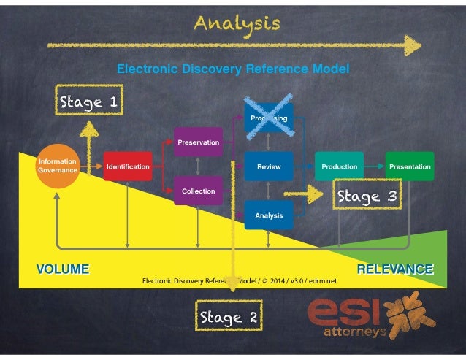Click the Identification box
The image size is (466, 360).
[x=128, y=166]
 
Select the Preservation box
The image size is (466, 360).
[x=198, y=142]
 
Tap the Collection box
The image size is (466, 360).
[x=198, y=191]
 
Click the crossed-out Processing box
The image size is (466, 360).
[x=269, y=118]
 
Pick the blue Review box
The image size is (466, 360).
[x=269, y=166]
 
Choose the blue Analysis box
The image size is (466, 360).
[x=269, y=215]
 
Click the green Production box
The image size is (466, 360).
[x=339, y=166]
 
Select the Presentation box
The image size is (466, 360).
[x=410, y=166]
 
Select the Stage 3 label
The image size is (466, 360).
[x=367, y=196]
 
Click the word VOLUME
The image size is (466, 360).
[x=63, y=269]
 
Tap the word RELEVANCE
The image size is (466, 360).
[x=395, y=269]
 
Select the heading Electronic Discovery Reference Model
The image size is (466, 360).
[x=233, y=69]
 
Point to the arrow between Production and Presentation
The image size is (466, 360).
[x=375, y=166]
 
